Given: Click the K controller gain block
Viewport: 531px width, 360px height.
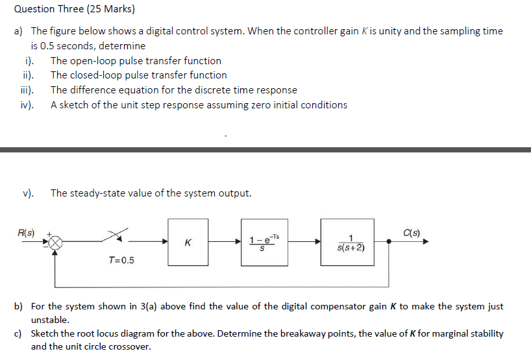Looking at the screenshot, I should pos(188,242).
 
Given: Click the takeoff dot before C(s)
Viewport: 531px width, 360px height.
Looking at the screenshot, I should pos(389,242).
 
